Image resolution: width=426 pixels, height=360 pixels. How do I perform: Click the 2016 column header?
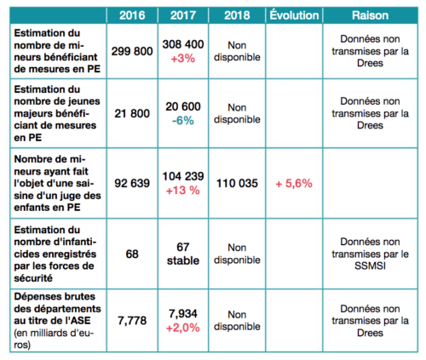pyautogui.click(x=132, y=15)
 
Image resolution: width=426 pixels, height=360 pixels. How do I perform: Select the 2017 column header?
pyautogui.click(x=183, y=15)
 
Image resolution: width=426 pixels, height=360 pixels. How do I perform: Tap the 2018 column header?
pyautogui.click(x=237, y=15)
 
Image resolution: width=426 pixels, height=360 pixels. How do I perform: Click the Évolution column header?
pyautogui.click(x=294, y=15)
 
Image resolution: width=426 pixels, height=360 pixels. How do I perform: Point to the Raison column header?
pyautogui.click(x=370, y=15)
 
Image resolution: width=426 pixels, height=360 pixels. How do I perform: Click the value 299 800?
pyautogui.click(x=132, y=51)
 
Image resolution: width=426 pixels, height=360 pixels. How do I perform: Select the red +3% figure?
pyautogui.click(x=183, y=59)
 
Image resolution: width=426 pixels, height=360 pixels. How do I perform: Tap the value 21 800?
pyautogui.click(x=132, y=113)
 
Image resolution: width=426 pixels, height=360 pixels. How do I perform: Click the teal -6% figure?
pyautogui.click(x=183, y=121)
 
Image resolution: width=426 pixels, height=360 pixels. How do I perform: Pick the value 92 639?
pyautogui.click(x=132, y=183)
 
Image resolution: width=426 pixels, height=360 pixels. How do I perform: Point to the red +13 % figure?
pyautogui.click(x=183, y=191)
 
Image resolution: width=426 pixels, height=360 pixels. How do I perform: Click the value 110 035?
pyautogui.click(x=237, y=183)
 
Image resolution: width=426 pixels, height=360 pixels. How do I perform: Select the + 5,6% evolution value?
pyautogui.click(x=294, y=184)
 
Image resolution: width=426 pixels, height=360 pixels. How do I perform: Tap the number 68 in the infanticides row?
pyautogui.click(x=132, y=254)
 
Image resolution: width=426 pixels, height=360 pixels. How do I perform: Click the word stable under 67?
pyautogui.click(x=183, y=260)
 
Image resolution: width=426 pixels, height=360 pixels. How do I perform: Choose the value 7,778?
pyautogui.click(x=132, y=321)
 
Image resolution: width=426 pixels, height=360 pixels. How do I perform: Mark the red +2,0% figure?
pyautogui.click(x=183, y=329)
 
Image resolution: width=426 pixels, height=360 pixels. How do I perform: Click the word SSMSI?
pyautogui.click(x=370, y=266)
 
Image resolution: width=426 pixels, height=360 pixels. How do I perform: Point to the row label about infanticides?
pyautogui.click(x=55, y=254)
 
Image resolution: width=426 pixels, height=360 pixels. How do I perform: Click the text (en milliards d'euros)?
pyautogui.click(x=54, y=339)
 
